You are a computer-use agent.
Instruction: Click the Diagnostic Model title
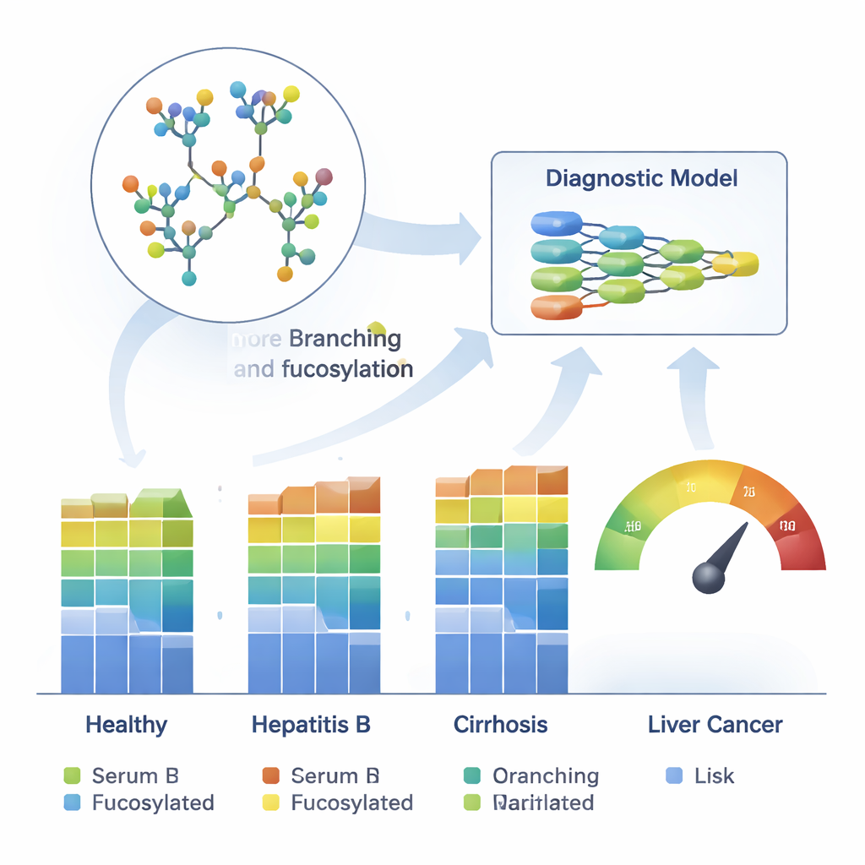click(x=641, y=178)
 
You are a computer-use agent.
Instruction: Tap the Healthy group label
click(x=127, y=725)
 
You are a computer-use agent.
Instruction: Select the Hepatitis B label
click(x=311, y=725)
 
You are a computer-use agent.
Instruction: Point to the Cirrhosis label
click(x=501, y=725)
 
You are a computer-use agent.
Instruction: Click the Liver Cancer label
click(x=715, y=725)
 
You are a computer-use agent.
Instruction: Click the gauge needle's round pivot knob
click(x=708, y=578)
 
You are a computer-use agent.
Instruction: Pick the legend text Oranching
click(x=546, y=775)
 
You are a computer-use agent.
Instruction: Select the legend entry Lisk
click(x=715, y=775)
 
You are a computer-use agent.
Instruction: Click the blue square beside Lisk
click(x=673, y=775)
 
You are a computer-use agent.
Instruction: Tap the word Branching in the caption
click(x=345, y=340)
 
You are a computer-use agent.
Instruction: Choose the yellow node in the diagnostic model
click(x=734, y=263)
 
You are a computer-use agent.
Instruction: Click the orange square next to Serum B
click(x=270, y=775)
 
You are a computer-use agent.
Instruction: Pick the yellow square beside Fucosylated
click(x=270, y=802)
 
